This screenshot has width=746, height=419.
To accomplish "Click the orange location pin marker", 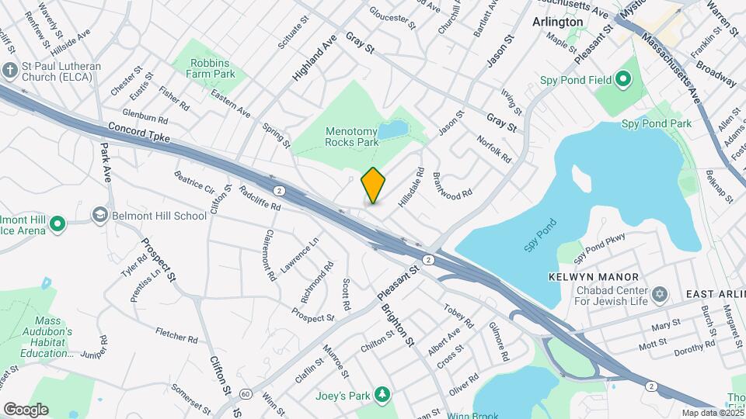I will click(374, 185).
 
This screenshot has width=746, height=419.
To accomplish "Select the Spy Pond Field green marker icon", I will click(622, 78).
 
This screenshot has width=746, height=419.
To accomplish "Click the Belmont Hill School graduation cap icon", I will click(99, 214).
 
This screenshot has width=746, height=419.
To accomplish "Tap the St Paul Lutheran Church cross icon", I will click(9, 70).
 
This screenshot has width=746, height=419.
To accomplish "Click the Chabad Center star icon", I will click(661, 293).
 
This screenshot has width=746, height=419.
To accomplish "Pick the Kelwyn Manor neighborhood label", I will click(604, 277).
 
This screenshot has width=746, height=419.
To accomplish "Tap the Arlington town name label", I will click(557, 22).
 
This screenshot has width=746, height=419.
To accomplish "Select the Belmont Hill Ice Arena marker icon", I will click(56, 225).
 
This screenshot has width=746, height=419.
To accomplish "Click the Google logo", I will click(26, 409).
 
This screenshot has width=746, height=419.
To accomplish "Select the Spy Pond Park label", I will click(657, 123).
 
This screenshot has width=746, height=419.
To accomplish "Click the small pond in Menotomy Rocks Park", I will click(394, 128).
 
